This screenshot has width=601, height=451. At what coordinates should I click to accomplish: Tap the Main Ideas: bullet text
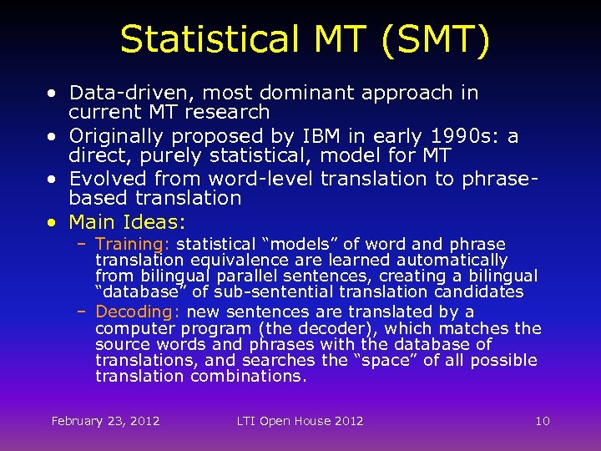[128, 222]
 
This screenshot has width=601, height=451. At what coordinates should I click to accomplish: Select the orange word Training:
[133, 244]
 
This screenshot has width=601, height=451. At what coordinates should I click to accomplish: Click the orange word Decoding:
[138, 312]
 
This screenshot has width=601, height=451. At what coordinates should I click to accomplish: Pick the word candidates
[482, 291]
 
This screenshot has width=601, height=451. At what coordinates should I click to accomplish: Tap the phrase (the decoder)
[313, 328]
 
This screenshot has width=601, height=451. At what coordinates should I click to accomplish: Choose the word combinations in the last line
[248, 376]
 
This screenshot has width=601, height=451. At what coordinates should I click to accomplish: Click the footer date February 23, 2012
[105, 421]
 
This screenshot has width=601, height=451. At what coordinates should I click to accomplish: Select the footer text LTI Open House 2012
[300, 421]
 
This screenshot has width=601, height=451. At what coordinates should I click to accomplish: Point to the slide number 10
[543, 421]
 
